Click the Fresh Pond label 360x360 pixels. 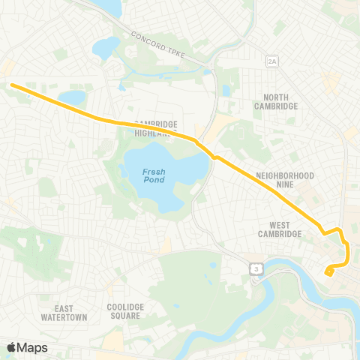click(x=154, y=176)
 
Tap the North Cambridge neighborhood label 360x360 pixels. click(x=276, y=101)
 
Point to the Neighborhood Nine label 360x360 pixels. click(x=285, y=180)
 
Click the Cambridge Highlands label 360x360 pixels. click(x=156, y=129)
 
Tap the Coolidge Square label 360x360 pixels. click(x=124, y=311)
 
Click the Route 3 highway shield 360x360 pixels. click(x=256, y=268)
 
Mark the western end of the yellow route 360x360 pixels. click(x=12, y=85)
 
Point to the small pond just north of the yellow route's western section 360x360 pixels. click(x=72, y=97)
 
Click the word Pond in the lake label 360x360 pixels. click(x=154, y=181)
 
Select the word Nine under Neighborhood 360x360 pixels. click(x=285, y=185)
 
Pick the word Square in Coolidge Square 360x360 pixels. click(x=124, y=316)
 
